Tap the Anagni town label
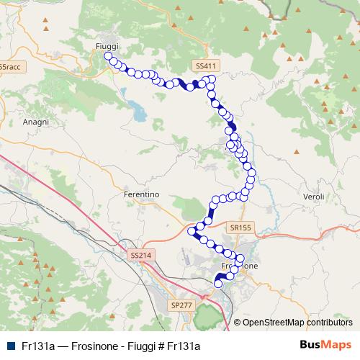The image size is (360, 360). pyautogui.click(x=35, y=122)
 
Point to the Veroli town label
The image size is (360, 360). pyautogui.click(x=315, y=197)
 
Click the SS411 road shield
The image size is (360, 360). pyautogui.click(x=205, y=66)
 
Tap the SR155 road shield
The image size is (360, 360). pyautogui.click(x=241, y=228)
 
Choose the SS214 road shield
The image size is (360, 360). pyautogui.click(x=140, y=255)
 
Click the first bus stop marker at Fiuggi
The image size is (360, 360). pyautogui.click(x=108, y=56)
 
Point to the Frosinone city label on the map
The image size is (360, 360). pyautogui.click(x=238, y=266)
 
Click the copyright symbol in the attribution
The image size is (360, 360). pyautogui.click(x=237, y=322)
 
